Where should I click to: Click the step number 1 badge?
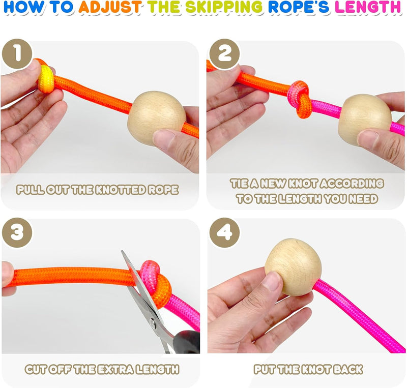coord(17,54)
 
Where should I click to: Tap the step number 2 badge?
coord(224,54)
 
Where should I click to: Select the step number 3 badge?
coord(17,232)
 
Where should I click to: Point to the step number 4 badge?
coord(224,232)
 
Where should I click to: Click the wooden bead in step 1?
coord(157,118)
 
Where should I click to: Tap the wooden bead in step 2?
coord(365,120)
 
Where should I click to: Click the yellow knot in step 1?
coord(46,79)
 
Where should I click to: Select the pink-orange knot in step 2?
coord(300,99)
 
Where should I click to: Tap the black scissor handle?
coord(186,342)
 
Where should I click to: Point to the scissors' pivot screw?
coord(153,322)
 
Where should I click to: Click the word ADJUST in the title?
coord(110,7)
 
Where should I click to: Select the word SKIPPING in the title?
coord(224,7)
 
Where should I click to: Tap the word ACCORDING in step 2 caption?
coord(352,184)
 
